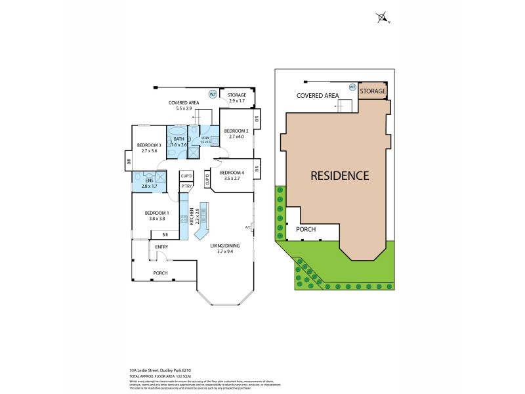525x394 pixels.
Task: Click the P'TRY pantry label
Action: tap(186, 186)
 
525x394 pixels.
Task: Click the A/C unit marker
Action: tap(248, 228)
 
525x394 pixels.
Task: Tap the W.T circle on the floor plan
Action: tap(213, 94)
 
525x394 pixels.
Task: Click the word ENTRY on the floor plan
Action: tap(161, 247)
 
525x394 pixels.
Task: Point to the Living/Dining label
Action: tap(225, 246)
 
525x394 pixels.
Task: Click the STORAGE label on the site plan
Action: tap(373, 91)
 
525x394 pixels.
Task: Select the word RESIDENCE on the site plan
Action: tap(339, 176)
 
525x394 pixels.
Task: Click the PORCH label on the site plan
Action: tap(306, 230)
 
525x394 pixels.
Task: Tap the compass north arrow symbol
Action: tap(382, 18)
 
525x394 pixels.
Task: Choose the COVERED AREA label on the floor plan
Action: tap(183, 102)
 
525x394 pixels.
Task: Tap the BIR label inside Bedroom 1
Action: tap(165, 234)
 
